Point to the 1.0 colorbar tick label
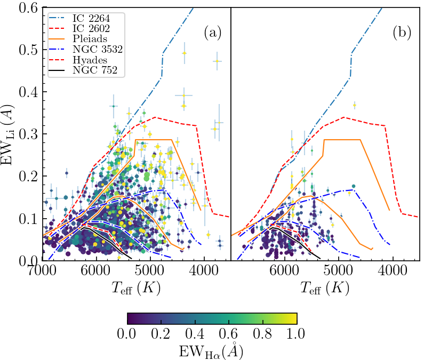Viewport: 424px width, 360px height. [296, 334]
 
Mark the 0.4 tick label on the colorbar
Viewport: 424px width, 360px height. [195, 334]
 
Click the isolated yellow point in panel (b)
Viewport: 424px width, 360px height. [354, 106]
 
